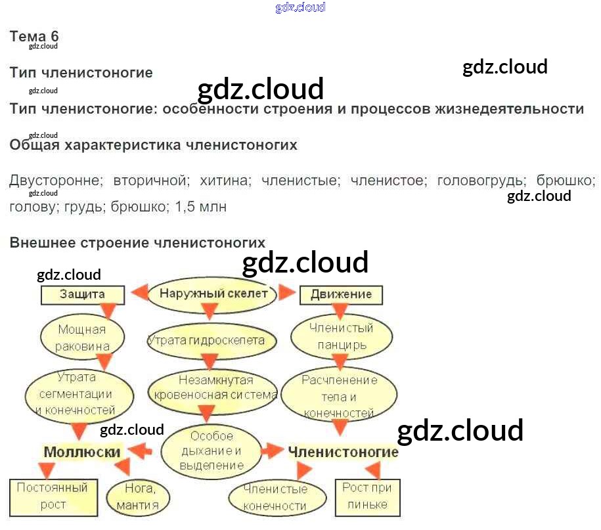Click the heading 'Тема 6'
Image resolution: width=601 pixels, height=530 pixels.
(x=34, y=36)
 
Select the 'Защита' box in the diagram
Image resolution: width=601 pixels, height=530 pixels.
(x=82, y=294)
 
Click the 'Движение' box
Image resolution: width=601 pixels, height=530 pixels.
(x=341, y=294)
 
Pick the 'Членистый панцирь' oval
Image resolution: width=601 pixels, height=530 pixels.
(x=341, y=336)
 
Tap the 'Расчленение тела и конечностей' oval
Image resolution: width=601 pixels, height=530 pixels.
(x=339, y=397)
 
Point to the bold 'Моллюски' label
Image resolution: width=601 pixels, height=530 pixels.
(x=82, y=452)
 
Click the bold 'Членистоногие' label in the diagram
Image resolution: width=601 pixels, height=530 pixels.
(x=343, y=452)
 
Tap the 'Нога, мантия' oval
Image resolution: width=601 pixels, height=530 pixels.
(x=137, y=497)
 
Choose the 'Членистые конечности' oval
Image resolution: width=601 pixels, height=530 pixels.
(x=275, y=497)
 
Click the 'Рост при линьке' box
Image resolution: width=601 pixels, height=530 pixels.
(x=367, y=497)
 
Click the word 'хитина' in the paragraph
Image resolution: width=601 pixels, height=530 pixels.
(x=225, y=180)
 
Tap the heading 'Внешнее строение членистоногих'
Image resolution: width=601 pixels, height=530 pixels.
(x=137, y=242)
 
